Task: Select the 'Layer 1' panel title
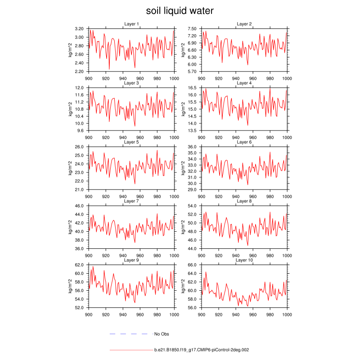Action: click(x=131, y=24)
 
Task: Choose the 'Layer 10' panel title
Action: click(x=244, y=260)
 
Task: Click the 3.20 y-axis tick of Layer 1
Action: click(x=79, y=28)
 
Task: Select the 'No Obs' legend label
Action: click(x=162, y=334)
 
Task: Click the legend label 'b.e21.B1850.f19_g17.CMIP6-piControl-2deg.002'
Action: click(x=202, y=349)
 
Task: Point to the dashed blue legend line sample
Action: click(x=129, y=334)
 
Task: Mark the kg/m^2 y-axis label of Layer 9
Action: click(x=71, y=286)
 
